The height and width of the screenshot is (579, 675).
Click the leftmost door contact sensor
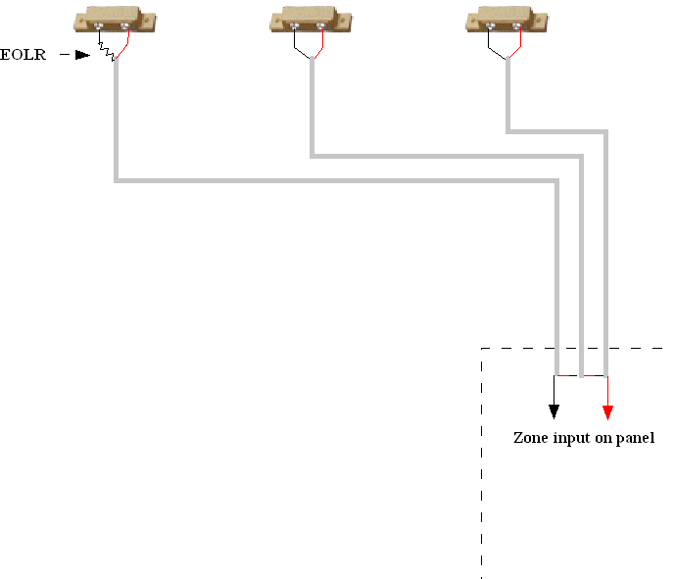[x=115, y=20]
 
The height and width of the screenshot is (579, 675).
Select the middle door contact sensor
[x=310, y=20]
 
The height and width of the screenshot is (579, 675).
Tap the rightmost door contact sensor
[x=505, y=20]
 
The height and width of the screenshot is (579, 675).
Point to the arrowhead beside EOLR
[x=83, y=55]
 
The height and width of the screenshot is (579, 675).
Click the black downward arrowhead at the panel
[x=554, y=411]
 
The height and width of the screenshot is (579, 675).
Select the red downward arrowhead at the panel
[x=607, y=411]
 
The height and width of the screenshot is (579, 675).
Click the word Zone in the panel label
[x=530, y=438]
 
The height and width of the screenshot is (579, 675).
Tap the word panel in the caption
[x=635, y=439]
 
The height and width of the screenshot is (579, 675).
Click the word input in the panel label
[x=572, y=439]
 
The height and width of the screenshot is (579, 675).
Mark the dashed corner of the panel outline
[x=482, y=349]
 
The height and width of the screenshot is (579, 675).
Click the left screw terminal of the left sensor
[x=100, y=26]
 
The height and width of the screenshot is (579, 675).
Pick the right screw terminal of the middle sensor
[x=321, y=26]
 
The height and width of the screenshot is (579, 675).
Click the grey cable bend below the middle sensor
[x=312, y=155]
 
